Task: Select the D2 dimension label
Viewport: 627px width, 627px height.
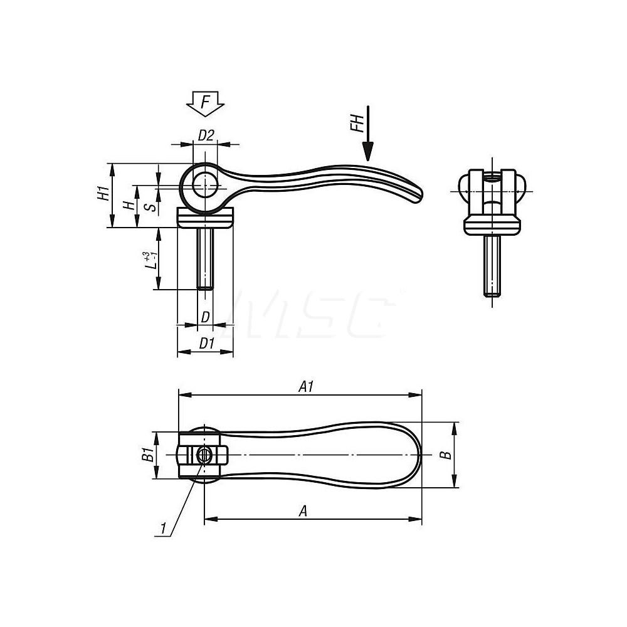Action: [x=206, y=134]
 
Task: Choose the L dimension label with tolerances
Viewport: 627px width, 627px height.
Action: [x=148, y=260]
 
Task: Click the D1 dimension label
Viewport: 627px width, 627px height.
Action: [x=207, y=344]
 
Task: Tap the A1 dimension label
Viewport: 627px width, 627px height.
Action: [x=305, y=387]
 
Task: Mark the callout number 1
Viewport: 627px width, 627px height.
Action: [x=163, y=530]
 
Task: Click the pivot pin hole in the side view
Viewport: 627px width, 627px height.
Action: [x=204, y=183]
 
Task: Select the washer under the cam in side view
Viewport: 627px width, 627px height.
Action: [x=206, y=220]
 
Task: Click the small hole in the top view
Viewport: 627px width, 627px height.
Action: [x=203, y=456]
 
